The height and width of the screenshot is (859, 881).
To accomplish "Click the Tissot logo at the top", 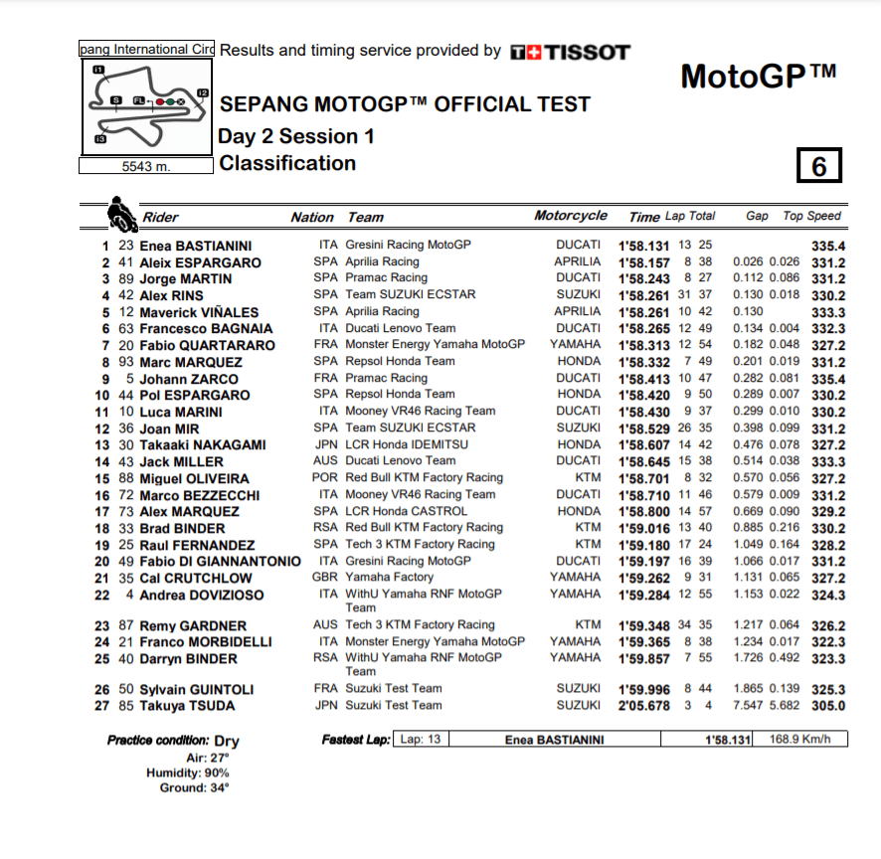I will tap(569, 52).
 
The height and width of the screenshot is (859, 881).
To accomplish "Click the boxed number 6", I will tap(818, 166).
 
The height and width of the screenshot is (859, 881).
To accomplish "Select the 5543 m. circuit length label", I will tap(146, 166).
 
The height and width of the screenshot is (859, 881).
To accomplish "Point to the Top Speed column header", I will tap(812, 216).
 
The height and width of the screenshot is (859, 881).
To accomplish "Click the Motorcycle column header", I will tap(570, 216).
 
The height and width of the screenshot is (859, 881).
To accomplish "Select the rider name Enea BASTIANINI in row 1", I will tap(196, 246).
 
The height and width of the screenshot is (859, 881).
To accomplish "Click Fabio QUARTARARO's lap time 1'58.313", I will tap(643, 345).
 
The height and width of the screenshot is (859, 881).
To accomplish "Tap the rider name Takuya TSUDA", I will tap(187, 706).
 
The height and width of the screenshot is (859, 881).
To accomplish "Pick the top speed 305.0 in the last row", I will tap(827, 706).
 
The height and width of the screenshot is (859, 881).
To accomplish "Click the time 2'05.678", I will tap(643, 706).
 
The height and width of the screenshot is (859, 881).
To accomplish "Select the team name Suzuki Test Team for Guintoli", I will tap(394, 689).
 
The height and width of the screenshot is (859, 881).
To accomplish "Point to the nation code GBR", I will tap(324, 577).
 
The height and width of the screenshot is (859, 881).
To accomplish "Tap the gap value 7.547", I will tap(748, 706).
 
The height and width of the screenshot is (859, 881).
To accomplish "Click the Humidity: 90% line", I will tap(187, 773).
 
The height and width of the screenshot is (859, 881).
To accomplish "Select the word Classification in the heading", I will tap(287, 163).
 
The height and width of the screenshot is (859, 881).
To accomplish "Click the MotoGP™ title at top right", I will tap(758, 76).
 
